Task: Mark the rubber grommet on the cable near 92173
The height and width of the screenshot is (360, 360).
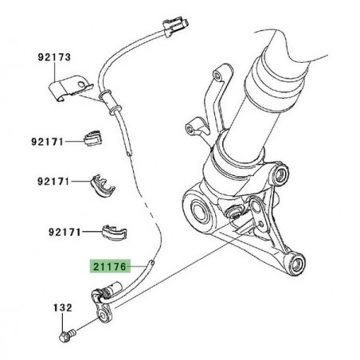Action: coord(105,96)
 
